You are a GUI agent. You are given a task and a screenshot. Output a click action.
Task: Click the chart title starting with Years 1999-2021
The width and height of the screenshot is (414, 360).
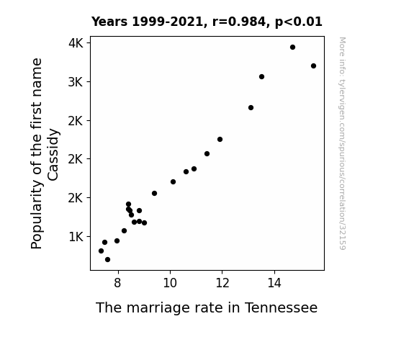click(x=207, y=22)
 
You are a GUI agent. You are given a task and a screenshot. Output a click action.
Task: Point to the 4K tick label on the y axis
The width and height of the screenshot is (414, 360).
click(x=76, y=43)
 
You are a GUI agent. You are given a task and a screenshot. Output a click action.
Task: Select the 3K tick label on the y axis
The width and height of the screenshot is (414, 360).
click(x=76, y=82)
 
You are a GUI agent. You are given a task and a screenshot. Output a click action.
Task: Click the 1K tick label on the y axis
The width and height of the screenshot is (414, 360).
click(x=76, y=237)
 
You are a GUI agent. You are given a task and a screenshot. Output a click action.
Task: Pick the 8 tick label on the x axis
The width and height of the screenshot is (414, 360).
click(x=118, y=283)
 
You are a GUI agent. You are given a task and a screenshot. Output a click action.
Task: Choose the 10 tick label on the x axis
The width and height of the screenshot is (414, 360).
click(x=170, y=283)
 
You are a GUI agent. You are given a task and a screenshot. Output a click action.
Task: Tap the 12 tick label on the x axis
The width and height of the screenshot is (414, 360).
click(x=222, y=283)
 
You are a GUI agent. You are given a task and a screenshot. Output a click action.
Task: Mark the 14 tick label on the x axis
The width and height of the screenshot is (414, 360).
click(x=274, y=283)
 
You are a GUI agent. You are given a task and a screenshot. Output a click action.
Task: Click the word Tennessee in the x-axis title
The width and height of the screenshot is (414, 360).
click(x=282, y=307)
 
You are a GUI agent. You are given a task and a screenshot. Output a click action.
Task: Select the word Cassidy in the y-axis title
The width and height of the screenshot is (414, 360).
click(x=53, y=155)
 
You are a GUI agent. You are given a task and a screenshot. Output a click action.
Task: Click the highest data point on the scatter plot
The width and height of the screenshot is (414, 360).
click(x=292, y=48)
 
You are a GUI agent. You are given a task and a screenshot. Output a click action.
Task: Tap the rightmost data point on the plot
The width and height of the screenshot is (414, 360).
click(x=313, y=66)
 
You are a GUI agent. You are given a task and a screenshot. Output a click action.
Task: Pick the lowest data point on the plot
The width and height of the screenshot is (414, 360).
click(x=107, y=260)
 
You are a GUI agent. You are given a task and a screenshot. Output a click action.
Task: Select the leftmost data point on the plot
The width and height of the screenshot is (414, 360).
click(x=101, y=251)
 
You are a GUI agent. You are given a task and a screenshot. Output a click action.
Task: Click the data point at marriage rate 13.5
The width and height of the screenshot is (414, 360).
click(x=261, y=76)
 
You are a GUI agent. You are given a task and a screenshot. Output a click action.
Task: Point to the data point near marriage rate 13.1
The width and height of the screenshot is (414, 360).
click(x=251, y=107)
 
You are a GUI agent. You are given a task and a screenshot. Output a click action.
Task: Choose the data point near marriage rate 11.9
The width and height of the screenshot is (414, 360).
click(x=220, y=139)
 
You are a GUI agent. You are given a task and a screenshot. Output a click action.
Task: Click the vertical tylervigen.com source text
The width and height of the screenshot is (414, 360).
click(x=342, y=143)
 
